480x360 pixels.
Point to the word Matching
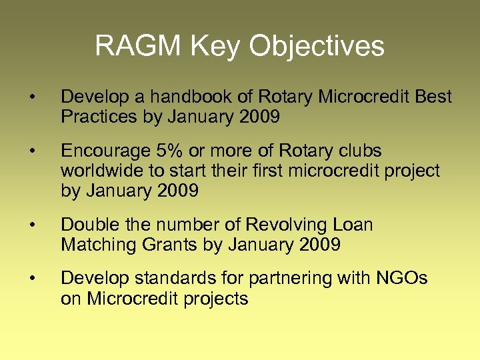[x=98, y=245]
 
